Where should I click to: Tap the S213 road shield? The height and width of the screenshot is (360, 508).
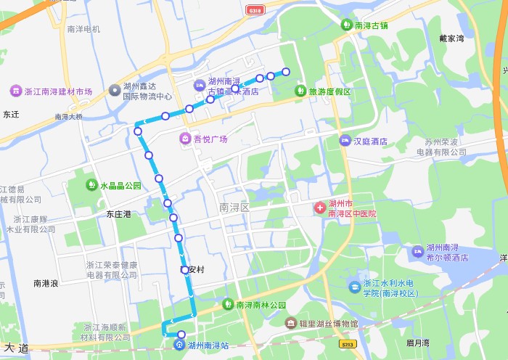[x=349, y=342]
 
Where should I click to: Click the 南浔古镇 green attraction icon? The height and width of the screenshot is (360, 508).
[x=347, y=25]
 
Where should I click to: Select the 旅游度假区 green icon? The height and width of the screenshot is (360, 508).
[x=300, y=91]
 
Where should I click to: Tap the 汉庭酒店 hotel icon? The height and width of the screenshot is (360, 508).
[x=345, y=141]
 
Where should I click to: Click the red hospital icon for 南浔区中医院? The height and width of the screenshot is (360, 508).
[x=319, y=208]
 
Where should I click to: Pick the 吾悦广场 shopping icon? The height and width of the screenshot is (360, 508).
[x=186, y=139]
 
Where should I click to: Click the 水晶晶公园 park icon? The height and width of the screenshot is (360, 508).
[x=91, y=185]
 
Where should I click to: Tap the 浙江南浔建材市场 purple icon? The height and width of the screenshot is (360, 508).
[x=15, y=91]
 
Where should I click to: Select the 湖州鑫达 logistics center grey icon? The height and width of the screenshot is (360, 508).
[x=114, y=90]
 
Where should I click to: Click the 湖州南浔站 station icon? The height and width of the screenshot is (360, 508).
[x=179, y=345]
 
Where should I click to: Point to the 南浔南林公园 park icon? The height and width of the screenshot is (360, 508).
[x=228, y=305]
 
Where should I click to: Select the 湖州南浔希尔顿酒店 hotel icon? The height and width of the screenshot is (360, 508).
[x=417, y=251]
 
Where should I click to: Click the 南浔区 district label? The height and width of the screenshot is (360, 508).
[x=234, y=208]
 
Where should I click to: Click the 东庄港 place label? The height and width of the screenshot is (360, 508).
[x=119, y=214]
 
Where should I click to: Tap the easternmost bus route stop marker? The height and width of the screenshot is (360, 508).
[x=286, y=71]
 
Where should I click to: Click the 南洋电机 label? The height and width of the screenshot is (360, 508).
[x=83, y=29]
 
